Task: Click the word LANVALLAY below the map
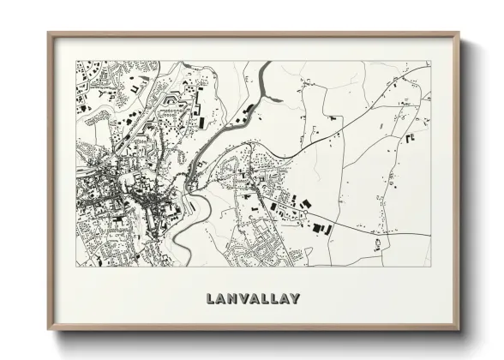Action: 253,299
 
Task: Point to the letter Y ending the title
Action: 295,299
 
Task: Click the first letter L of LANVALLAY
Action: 211,299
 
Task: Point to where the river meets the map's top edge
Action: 266,63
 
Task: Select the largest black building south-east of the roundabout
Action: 321,228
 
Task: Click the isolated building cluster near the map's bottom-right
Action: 377,247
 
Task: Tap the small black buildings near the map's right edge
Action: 411,136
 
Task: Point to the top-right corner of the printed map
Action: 429,61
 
